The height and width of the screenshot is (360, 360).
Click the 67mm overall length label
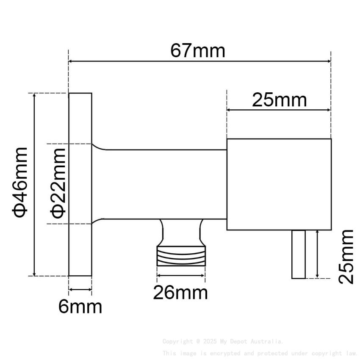coord(198,51)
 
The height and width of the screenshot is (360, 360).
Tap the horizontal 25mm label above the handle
coord(279,100)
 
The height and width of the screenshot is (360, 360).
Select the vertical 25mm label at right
coord(346,257)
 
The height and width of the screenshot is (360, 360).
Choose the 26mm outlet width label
coord(181,293)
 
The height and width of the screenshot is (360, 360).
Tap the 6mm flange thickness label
coord(80,307)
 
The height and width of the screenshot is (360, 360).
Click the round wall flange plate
coord(80,184)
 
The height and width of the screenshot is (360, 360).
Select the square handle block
coord(279,184)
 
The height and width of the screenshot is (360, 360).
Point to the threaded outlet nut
coord(181,257)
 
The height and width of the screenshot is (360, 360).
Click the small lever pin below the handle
coord(298,254)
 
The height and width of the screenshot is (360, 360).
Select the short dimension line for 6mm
coord(80,290)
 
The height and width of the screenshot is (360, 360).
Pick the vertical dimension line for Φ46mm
coord(35,184)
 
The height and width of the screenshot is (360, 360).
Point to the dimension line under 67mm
coord(199,61)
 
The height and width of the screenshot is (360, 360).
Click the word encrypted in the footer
coord(223,353)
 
